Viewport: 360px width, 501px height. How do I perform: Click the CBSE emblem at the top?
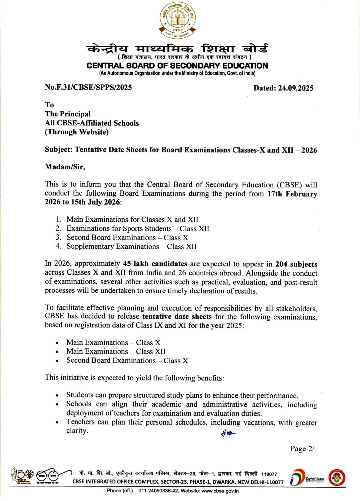[177, 21]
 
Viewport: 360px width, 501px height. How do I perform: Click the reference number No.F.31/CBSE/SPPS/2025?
[88, 87]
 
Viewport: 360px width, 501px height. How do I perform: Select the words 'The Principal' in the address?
[68, 114]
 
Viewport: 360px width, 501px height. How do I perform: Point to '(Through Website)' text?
[77, 132]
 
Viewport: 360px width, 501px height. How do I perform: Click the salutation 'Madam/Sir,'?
[65, 167]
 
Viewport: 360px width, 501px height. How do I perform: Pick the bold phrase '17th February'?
[292, 194]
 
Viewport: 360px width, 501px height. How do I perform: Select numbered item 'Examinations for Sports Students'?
[119, 229]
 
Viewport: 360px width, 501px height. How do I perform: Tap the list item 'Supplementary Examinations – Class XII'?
[131, 247]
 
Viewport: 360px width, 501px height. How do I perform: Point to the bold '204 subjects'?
[296, 264]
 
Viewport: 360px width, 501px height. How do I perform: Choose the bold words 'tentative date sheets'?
[177, 317]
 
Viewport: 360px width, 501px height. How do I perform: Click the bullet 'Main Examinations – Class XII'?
[116, 352]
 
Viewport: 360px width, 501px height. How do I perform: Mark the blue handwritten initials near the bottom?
[228, 433]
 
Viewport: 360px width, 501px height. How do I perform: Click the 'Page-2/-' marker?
[303, 449]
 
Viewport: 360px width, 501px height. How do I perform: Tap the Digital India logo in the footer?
[307, 478]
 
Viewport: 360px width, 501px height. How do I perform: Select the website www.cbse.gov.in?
[220, 491]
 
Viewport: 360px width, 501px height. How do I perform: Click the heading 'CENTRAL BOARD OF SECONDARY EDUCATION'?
[177, 66]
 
